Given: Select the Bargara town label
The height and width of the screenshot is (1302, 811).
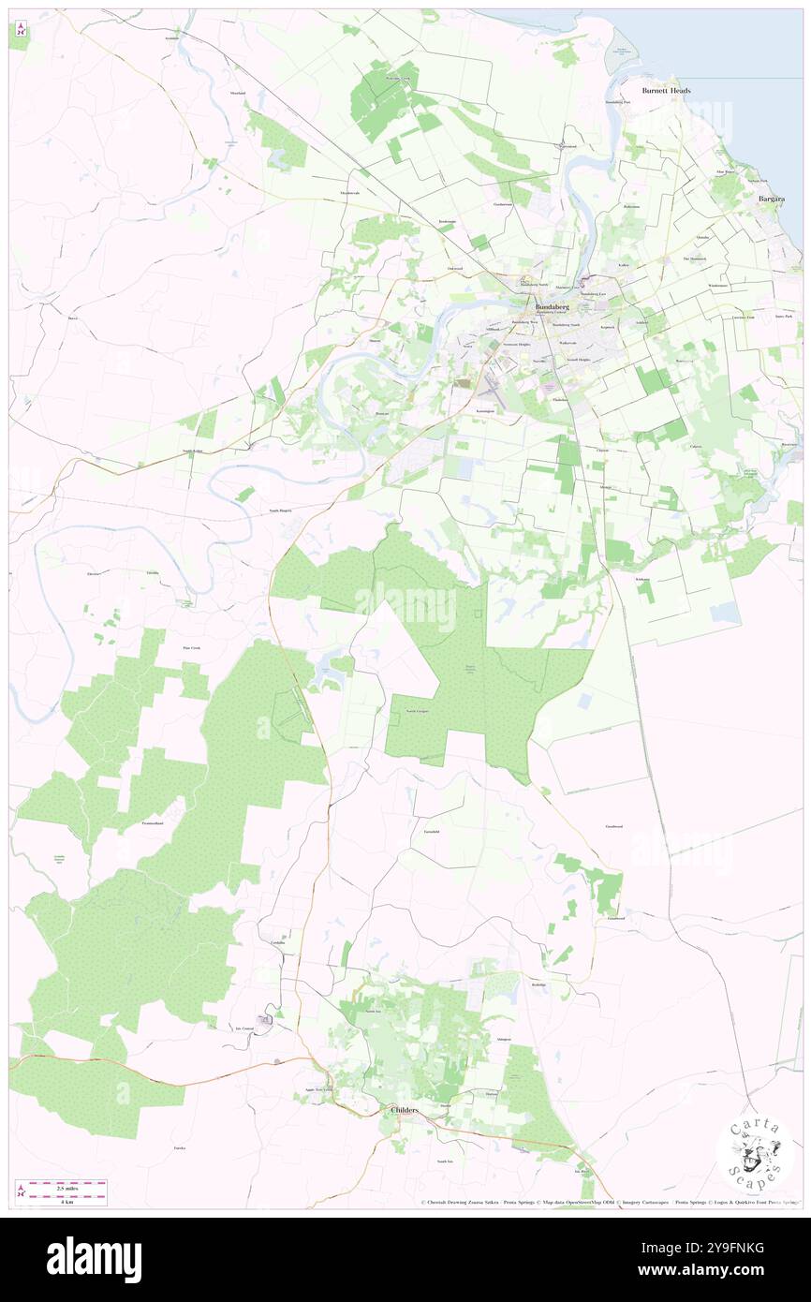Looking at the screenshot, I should (772, 200).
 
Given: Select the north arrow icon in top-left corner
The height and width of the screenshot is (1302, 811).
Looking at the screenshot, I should (20, 31).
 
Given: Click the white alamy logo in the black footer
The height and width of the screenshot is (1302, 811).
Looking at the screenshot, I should (94, 1260).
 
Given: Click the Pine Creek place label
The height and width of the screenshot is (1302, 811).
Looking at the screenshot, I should (191, 648).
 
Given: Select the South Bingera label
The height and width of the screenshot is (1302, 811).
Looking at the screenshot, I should (280, 510).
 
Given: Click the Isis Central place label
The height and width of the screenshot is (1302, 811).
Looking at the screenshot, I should (245, 1028).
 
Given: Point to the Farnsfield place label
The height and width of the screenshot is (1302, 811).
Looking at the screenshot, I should (432, 832).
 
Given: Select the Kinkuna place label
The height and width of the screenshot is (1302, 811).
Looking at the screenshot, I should (643, 580).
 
